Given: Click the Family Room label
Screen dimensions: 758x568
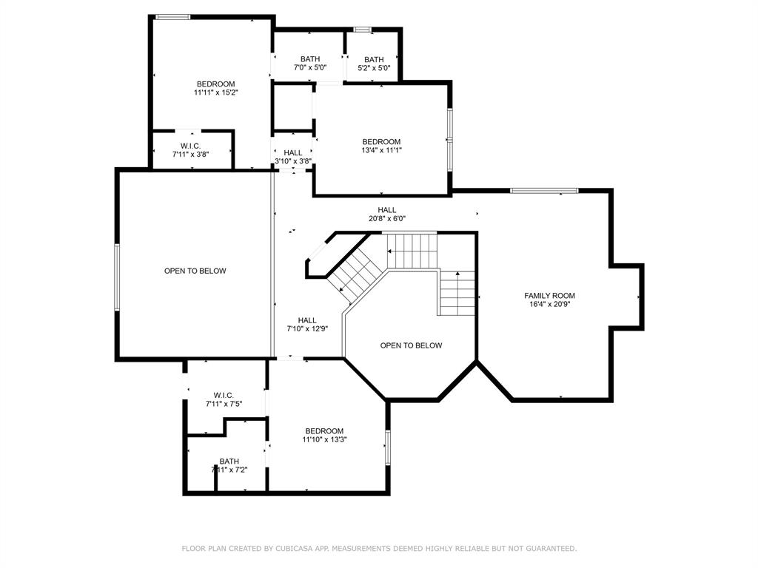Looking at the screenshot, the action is [550, 296].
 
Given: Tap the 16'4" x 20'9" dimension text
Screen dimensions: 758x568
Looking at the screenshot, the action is [550, 304].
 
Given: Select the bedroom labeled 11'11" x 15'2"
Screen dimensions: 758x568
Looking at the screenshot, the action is [215, 88].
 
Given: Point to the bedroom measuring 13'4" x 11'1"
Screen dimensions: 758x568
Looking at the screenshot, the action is [381, 146].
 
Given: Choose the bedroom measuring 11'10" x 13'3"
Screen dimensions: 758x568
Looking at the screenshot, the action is [324, 435].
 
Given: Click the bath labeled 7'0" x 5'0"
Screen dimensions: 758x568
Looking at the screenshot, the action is [310, 64].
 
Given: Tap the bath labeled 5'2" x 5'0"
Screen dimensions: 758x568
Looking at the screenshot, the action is [374, 64].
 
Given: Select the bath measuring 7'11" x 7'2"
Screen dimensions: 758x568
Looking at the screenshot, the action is [229, 465].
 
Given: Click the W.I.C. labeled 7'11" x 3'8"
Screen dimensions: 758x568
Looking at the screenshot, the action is [190, 149].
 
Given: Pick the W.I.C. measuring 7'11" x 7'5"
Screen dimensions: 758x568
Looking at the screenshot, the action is [224, 399].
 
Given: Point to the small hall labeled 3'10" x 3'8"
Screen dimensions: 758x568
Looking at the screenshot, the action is [293, 157].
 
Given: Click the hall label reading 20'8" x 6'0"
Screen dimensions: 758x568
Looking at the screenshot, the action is [386, 214].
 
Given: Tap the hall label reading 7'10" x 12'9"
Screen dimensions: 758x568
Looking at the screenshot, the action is [307, 324].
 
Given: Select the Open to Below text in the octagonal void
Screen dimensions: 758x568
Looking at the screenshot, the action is [411, 345].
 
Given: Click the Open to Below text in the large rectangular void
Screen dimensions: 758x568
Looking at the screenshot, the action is [195, 271].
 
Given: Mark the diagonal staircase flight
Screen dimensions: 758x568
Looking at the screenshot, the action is [355, 274].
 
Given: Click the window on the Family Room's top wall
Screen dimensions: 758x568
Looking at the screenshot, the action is [544, 190].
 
